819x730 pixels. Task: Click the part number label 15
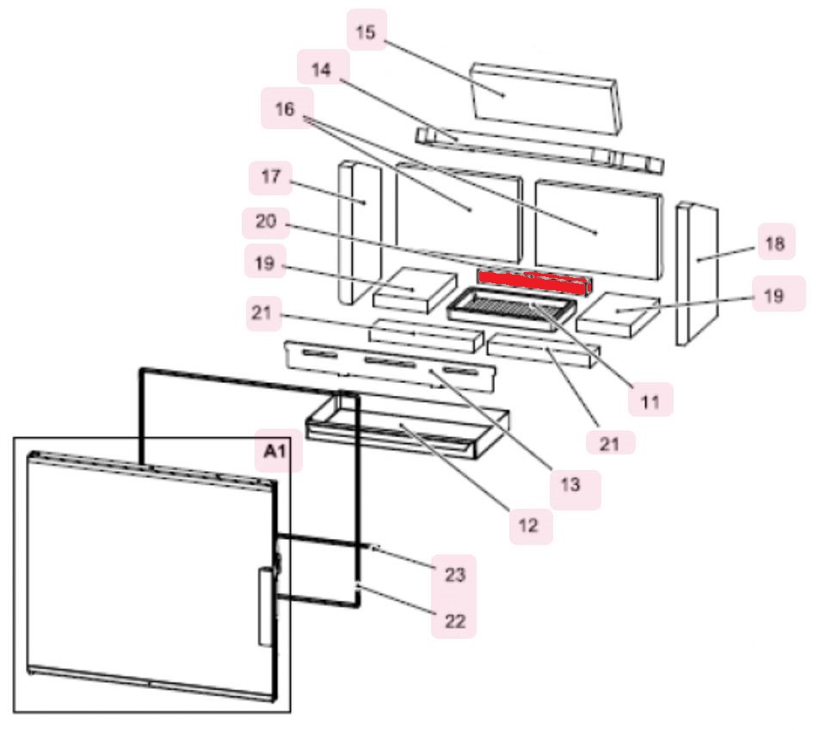point(366,31)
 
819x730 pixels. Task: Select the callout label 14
point(321,69)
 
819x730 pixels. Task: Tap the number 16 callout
point(286,109)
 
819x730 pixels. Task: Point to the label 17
point(271,176)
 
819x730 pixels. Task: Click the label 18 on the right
point(775,243)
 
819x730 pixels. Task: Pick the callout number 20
point(266,221)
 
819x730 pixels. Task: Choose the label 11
point(650,401)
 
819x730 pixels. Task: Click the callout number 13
point(570,485)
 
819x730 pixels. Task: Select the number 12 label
point(528,525)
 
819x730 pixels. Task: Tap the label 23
point(454,574)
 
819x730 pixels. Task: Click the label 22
point(454,621)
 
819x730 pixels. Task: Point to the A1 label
point(276,450)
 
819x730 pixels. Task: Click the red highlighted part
point(535,282)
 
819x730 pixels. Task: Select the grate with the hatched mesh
point(512,312)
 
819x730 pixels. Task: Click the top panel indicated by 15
point(545,99)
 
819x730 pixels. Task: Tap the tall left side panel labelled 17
point(360,232)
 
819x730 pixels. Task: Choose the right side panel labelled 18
point(697,275)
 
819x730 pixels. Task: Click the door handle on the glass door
point(266,609)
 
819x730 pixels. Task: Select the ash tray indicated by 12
point(408,426)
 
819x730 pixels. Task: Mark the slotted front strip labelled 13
point(389,366)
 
